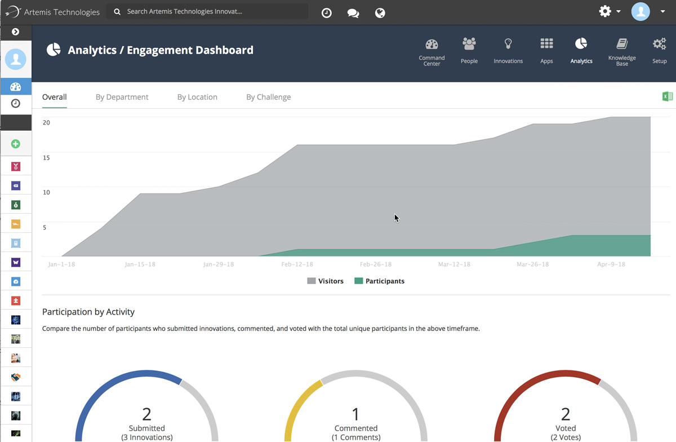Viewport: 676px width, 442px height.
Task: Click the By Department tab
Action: pyautogui.click(x=122, y=97)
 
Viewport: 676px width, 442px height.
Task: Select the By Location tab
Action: pyautogui.click(x=197, y=97)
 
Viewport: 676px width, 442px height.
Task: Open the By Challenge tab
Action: pyautogui.click(x=268, y=97)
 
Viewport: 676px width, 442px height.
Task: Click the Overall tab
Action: pyautogui.click(x=55, y=97)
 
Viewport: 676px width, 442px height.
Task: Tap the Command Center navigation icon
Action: pyautogui.click(x=432, y=45)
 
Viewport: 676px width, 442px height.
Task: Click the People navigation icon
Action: pyautogui.click(x=469, y=44)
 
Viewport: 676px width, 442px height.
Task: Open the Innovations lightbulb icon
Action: pyautogui.click(x=508, y=44)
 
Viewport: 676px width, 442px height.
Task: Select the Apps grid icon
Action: pyautogui.click(x=546, y=44)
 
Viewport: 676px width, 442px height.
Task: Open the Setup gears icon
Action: pyautogui.click(x=659, y=44)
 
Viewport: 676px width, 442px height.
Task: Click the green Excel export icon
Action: pyautogui.click(x=668, y=96)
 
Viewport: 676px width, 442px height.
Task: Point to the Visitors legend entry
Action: pyautogui.click(x=325, y=281)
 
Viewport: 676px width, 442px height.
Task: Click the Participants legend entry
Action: pyautogui.click(x=379, y=281)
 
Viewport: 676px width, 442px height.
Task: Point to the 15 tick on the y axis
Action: pyautogui.click(x=46, y=157)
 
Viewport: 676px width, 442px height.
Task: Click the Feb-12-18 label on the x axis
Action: pyautogui.click(x=297, y=264)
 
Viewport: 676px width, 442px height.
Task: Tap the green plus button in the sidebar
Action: pyautogui.click(x=16, y=144)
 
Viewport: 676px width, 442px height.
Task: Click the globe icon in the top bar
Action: pyautogui.click(x=380, y=12)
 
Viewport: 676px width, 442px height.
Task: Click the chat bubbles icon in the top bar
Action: pyautogui.click(x=353, y=12)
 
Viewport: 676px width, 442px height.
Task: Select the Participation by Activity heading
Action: pyautogui.click(x=88, y=312)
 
